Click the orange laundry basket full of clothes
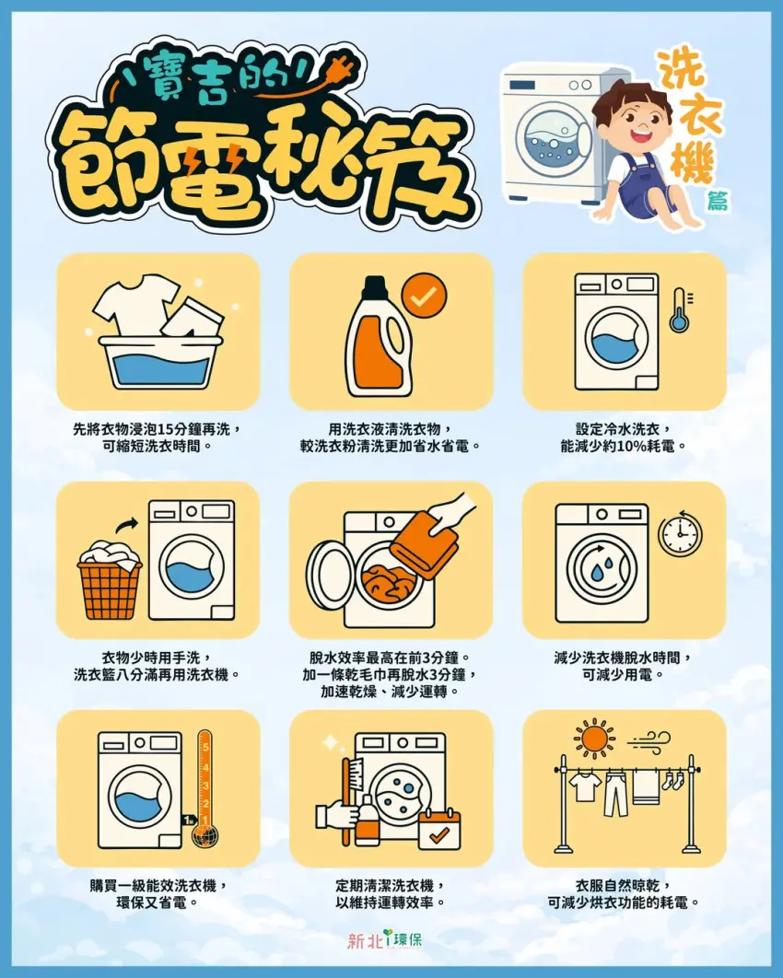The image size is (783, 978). pyautogui.click(x=110, y=580)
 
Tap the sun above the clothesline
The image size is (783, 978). pyautogui.click(x=592, y=739)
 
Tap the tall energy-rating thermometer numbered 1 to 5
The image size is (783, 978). pyautogui.click(x=205, y=778)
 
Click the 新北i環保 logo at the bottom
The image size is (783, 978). pyautogui.click(x=390, y=940)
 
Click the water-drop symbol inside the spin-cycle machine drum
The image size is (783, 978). pyautogui.click(x=602, y=564)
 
